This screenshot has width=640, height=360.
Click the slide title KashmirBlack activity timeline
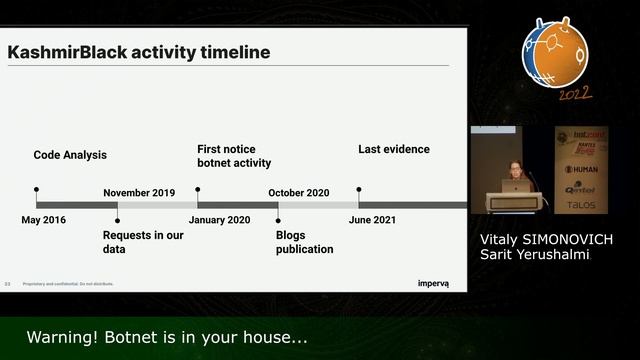click(x=139, y=52)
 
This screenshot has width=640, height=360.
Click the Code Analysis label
click(x=70, y=155)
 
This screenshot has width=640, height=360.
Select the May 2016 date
click(x=43, y=220)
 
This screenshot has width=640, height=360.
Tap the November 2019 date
click(x=139, y=193)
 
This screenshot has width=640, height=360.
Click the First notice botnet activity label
click(x=234, y=156)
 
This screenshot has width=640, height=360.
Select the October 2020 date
click(x=297, y=193)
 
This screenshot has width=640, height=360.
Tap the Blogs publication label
click(x=304, y=242)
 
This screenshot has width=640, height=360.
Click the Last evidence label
click(x=394, y=150)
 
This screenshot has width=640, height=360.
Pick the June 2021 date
click(x=379, y=220)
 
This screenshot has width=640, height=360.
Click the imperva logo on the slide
click(x=433, y=284)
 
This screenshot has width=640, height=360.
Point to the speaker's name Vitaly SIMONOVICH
click(x=544, y=240)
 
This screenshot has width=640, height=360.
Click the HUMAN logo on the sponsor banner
click(x=582, y=169)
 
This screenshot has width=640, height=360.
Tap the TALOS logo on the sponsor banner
click(x=581, y=204)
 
